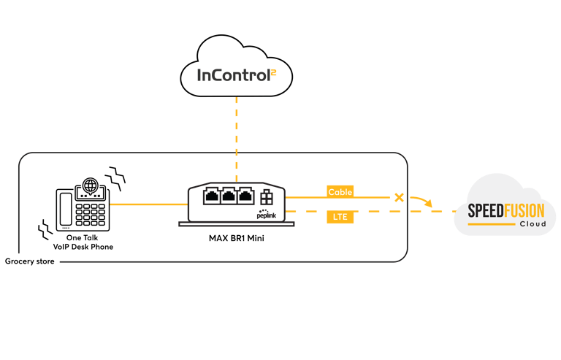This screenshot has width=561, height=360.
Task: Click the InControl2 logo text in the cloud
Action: click(x=237, y=75)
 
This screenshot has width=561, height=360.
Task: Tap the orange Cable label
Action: click(x=340, y=192)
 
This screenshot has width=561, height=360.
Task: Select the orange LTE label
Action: click(x=340, y=217)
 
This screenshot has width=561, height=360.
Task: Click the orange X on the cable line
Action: click(x=399, y=197)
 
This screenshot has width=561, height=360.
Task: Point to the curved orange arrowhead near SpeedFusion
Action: click(x=428, y=203)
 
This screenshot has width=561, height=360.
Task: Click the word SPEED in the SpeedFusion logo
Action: click(x=486, y=210)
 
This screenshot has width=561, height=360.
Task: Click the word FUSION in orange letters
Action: click(x=524, y=210)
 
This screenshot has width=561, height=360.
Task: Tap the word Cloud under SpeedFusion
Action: click(x=533, y=224)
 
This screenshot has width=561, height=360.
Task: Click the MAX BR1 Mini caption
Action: click(x=237, y=238)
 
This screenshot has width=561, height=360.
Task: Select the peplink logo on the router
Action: click(x=267, y=214)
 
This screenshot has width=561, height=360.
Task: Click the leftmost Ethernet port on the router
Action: click(x=212, y=196)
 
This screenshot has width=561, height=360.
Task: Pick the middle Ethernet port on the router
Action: click(x=229, y=196)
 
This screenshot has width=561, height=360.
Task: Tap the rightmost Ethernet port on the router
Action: click(x=245, y=196)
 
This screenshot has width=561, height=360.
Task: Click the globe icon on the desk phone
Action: click(x=90, y=186)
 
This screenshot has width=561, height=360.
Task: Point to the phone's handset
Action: click(x=66, y=209)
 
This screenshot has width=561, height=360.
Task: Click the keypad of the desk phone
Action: click(x=90, y=215)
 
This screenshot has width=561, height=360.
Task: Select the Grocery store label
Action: click(x=30, y=261)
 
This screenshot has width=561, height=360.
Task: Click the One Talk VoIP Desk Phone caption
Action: click(x=83, y=242)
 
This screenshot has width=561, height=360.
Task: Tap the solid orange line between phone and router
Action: click(x=148, y=204)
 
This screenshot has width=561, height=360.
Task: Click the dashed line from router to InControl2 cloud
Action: click(x=237, y=139)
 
